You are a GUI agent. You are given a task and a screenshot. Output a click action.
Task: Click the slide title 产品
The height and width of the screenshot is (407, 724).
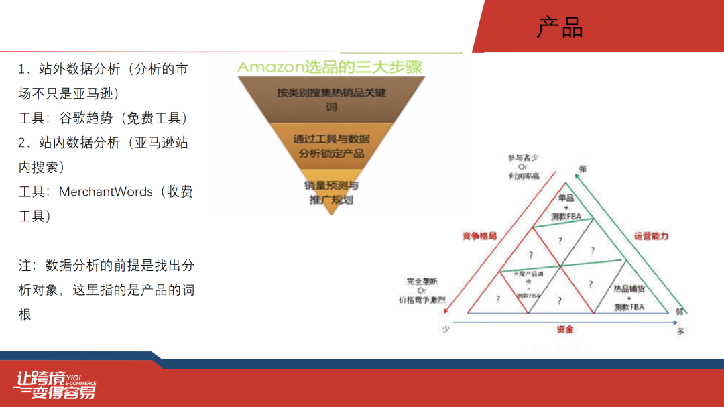coord(560,28)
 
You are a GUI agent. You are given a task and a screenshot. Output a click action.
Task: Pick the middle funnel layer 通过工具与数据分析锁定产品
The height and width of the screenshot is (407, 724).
coord(331,146)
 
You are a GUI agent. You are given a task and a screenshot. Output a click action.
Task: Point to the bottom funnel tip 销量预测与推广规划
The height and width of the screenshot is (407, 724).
coord(331,192)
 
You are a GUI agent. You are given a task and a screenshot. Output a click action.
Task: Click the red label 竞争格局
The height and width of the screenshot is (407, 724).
coord(479,236)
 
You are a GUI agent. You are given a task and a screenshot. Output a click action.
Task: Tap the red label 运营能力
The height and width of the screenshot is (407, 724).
coord(651,236)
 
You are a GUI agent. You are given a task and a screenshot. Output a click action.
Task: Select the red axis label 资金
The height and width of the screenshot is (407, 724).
coord(564,329)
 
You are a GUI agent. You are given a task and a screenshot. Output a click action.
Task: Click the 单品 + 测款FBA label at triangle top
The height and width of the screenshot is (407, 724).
coord(566,207)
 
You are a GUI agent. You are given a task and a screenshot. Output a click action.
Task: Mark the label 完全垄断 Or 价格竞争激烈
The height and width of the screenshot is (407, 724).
coord(421,290)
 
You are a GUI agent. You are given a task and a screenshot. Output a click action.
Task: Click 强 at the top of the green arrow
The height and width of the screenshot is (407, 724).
coord(582,169)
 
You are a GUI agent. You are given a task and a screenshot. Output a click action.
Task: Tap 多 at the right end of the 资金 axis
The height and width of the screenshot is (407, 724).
coord(680,331)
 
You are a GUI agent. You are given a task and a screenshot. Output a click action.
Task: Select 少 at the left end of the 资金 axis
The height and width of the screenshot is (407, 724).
coord(444,329)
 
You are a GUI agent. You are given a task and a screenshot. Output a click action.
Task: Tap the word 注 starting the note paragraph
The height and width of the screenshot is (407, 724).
coord(25,266)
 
